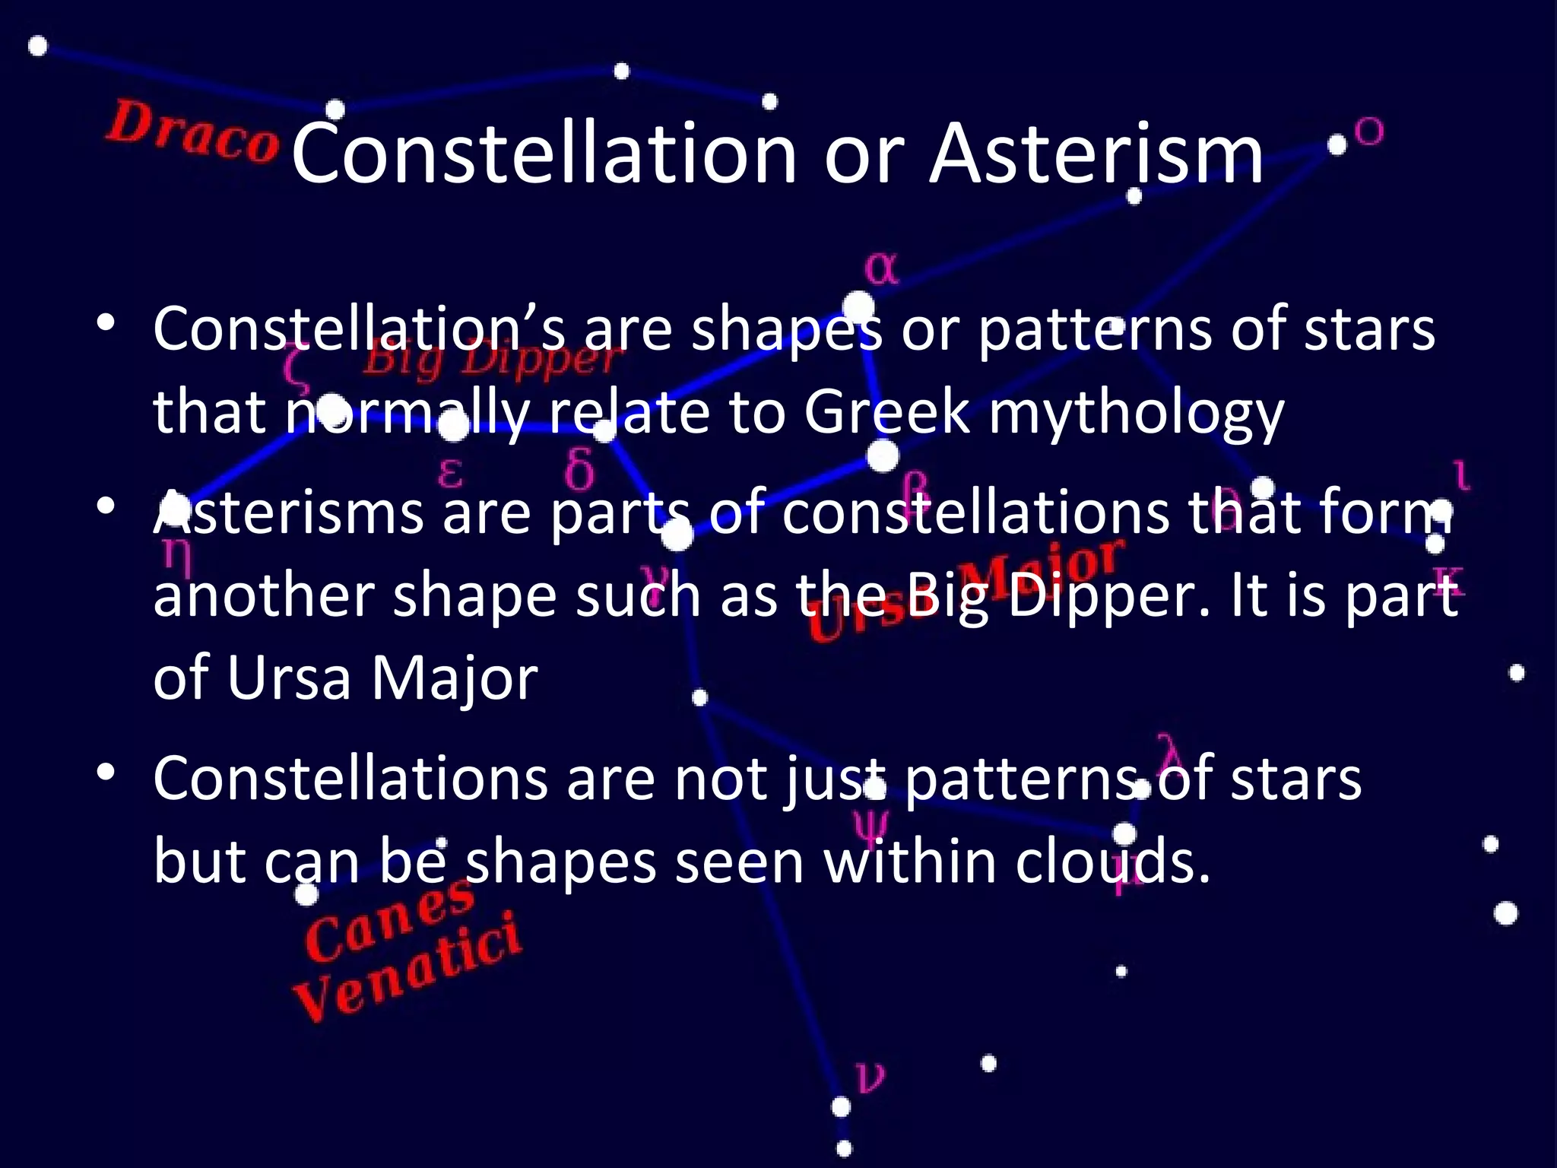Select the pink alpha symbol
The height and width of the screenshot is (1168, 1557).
point(881,268)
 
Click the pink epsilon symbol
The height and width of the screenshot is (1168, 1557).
point(450,473)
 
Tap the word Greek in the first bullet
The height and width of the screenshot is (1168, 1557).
point(886,412)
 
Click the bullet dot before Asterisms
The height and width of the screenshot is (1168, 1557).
point(106,506)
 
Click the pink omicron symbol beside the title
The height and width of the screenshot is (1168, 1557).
point(1369,132)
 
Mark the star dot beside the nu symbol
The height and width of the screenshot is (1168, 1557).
point(841,1106)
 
